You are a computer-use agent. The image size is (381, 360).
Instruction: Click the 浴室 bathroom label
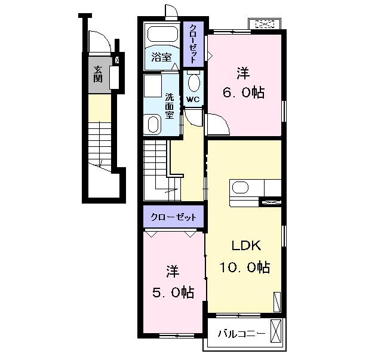[x=161, y=57]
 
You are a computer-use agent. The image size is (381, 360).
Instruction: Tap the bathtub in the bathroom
[x=162, y=34]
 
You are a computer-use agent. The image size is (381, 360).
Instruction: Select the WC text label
[x=193, y=99]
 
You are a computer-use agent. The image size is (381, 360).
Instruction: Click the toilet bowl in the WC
[x=194, y=83]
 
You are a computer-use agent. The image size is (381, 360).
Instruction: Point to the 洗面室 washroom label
[x=170, y=106]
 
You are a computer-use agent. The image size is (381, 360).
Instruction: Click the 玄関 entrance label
[x=98, y=75]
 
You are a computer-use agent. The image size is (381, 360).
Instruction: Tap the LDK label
[x=246, y=245]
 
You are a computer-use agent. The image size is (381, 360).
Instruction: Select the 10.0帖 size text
[x=245, y=267]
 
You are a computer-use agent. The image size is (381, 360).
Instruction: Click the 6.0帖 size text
[x=244, y=93]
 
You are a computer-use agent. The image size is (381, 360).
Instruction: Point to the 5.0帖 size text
[x=173, y=292]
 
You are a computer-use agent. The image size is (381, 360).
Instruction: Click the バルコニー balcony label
[x=241, y=334]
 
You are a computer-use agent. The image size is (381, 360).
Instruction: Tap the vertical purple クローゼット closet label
[x=193, y=44]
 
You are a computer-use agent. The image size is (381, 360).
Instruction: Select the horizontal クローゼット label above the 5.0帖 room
[x=173, y=217]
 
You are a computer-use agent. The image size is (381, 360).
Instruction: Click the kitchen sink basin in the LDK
[x=240, y=187]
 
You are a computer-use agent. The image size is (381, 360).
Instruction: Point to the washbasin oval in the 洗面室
[x=153, y=124]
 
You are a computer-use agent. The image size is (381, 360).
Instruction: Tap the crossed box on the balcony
[x=275, y=331]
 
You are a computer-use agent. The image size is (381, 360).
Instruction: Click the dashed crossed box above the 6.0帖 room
[x=265, y=24]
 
